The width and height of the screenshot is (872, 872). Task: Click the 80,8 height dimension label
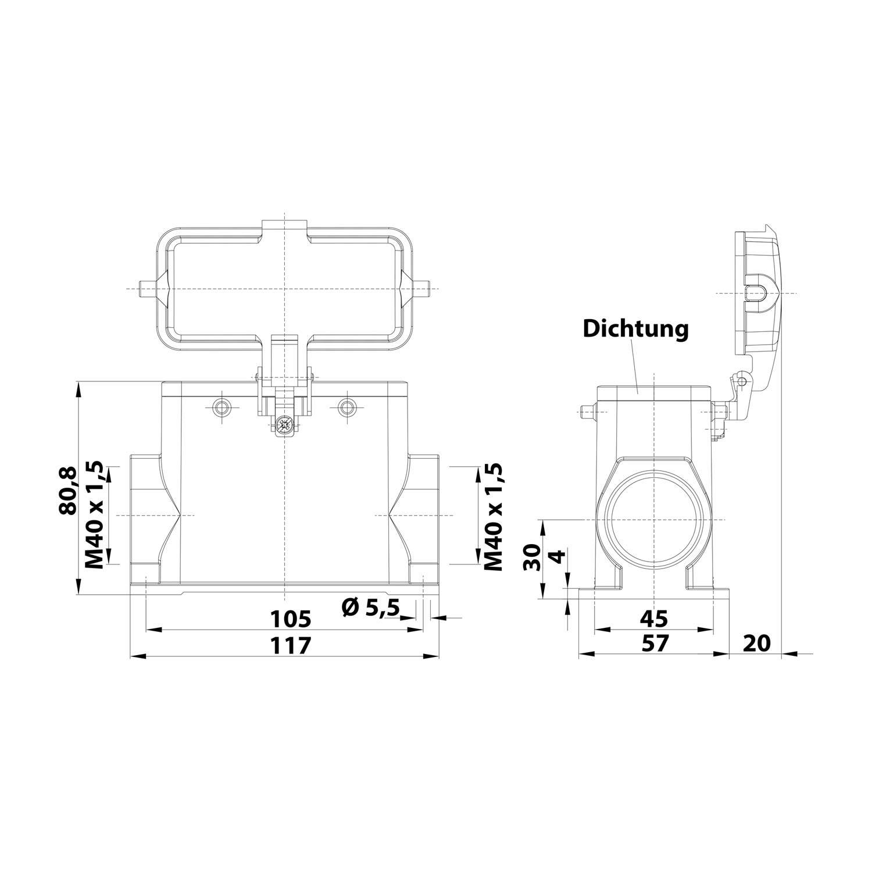pos(67,491)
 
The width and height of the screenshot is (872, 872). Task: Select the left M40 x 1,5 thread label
pos(94,515)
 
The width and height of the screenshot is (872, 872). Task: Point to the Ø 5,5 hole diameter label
pos(371,608)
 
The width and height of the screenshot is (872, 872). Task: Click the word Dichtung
pos(635,329)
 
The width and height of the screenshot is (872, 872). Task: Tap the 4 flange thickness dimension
pos(556,556)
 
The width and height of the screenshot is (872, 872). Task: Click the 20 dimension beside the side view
pos(756,643)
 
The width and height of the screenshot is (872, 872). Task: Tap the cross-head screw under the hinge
pos(284,424)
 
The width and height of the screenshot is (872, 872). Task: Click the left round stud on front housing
pos(221,407)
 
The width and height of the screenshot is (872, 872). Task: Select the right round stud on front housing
pos(347,407)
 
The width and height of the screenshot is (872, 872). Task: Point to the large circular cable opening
pos(654,519)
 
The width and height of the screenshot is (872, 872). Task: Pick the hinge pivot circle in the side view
pos(739,381)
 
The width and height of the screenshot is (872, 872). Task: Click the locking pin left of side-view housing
pos(588,413)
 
